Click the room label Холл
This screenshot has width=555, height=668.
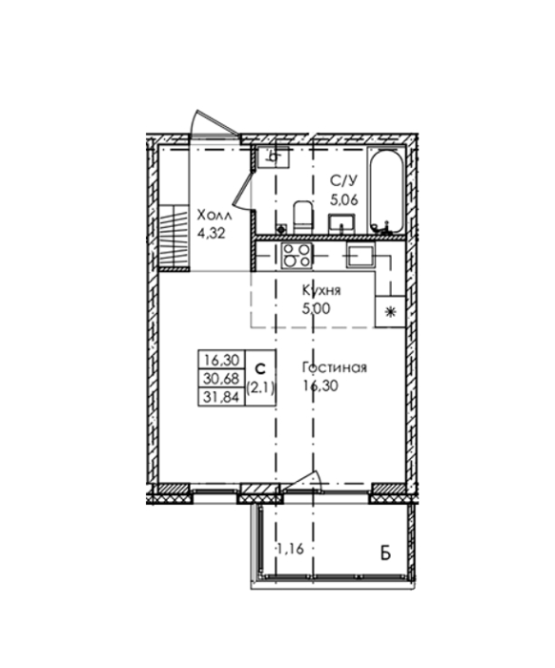coord(215,216)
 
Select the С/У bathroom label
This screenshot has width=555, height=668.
coord(343,181)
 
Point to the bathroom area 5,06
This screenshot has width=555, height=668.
coord(344,198)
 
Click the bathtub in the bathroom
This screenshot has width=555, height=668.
coord(386,191)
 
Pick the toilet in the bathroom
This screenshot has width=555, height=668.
coord(303,218)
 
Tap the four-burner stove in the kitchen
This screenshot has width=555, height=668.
coord(297,255)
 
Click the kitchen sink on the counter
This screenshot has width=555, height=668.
coord(360,255)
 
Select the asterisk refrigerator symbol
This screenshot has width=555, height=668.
coord(390,312)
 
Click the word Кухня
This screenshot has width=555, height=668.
coord(321,291)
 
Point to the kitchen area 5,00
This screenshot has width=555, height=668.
coord(316,309)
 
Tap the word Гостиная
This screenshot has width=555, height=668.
coord(335,367)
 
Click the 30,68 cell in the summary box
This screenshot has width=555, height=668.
coord(222,378)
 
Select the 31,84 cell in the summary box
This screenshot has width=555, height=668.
coord(222,397)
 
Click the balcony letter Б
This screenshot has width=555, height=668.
coord(385,553)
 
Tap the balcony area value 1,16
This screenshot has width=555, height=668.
coord(291,549)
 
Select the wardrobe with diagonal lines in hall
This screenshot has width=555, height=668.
coord(174,238)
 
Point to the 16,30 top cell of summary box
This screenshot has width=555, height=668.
coord(222,360)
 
